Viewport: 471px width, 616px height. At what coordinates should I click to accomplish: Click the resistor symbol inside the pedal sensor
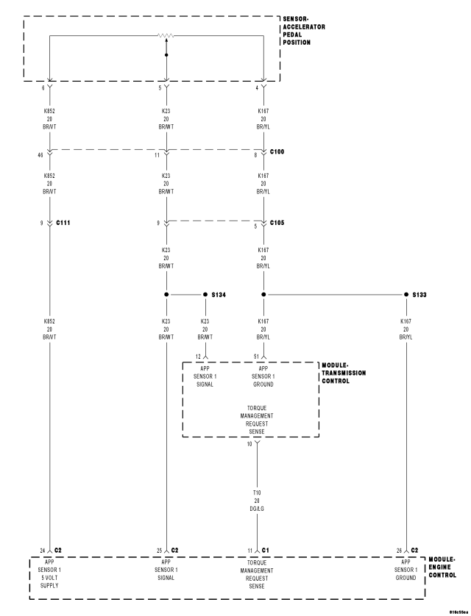pos(166,36)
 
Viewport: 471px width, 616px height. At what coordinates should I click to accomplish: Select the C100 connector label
pos(277,151)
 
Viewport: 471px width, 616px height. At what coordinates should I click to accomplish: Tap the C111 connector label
pos(63,223)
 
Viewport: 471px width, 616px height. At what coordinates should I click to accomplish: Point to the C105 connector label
pos(277,223)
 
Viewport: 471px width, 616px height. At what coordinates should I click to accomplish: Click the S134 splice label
pos(219,295)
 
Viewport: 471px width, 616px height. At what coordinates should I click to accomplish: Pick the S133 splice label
pos(419,295)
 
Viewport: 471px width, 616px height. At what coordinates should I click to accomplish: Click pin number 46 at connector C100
pos(40,155)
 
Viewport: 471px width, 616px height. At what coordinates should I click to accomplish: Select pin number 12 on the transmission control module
pos(198,357)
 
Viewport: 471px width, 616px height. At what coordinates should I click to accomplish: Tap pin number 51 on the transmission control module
pos(256,357)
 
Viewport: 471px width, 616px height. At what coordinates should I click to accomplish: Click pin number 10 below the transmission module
pos(249,444)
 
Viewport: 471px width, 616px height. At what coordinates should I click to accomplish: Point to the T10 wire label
pos(257,493)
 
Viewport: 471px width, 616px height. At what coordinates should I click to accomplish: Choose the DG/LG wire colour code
pos(257,509)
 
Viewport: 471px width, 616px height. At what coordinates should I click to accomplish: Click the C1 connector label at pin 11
pos(266,551)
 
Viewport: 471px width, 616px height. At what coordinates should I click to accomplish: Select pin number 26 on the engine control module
pos(399,551)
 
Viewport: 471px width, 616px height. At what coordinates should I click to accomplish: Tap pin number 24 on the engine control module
pos(43,551)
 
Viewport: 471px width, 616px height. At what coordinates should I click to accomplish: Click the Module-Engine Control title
pos(442,567)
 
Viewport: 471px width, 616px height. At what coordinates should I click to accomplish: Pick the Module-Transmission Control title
pos(344,373)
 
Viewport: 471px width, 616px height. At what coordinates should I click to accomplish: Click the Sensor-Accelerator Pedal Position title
pos(304,31)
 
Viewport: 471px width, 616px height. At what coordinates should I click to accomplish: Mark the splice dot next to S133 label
pos(406,295)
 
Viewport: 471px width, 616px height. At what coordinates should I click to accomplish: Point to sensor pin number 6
pos(43,88)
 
